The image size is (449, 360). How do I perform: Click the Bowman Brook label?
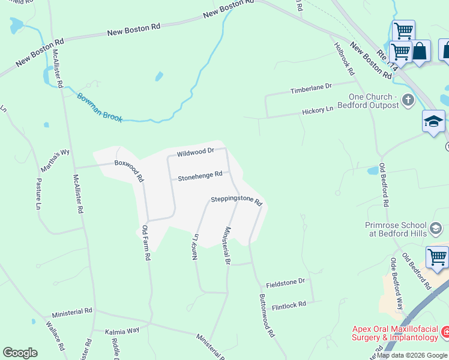(100, 107)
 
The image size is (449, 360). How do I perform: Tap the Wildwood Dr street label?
(196, 152)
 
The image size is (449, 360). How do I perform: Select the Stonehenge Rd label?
(200, 175)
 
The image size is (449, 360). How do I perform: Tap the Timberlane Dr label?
(311, 88)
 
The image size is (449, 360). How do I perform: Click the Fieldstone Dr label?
(286, 281)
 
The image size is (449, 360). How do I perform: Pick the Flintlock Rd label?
(289, 304)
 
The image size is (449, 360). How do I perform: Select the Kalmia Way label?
(122, 331)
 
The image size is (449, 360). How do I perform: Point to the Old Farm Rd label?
(146, 242)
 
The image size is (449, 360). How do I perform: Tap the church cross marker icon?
(408, 100)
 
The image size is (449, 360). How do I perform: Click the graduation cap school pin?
(433, 122)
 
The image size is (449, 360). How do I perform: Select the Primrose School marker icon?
(436, 228)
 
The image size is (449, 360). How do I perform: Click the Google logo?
(20, 353)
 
